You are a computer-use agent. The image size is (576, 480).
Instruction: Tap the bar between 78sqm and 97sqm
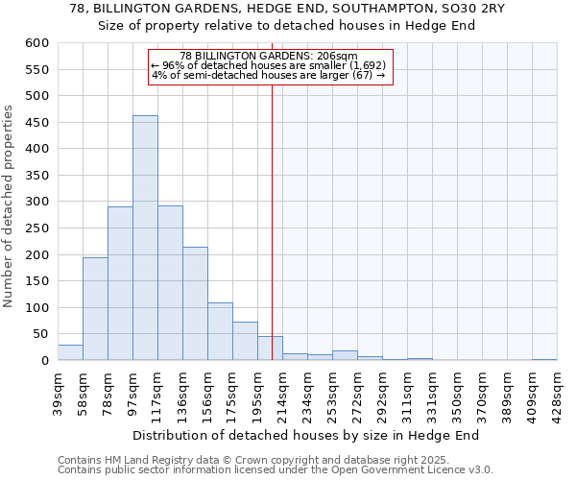120,283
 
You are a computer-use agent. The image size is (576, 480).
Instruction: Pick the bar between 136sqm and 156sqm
195,303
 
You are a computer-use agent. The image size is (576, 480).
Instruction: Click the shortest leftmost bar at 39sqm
70,352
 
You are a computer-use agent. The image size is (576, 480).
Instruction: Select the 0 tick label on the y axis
43,361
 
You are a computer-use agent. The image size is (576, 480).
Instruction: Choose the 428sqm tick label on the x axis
558,394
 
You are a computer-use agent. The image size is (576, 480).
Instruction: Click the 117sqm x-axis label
157,394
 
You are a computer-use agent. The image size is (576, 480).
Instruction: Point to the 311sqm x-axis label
407,394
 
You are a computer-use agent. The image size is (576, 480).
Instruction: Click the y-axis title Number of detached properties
10,206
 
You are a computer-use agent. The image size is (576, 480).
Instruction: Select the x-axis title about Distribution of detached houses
306,436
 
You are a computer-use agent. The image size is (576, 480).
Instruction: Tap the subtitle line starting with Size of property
287,26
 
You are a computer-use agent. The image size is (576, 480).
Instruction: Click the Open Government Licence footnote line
276,469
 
